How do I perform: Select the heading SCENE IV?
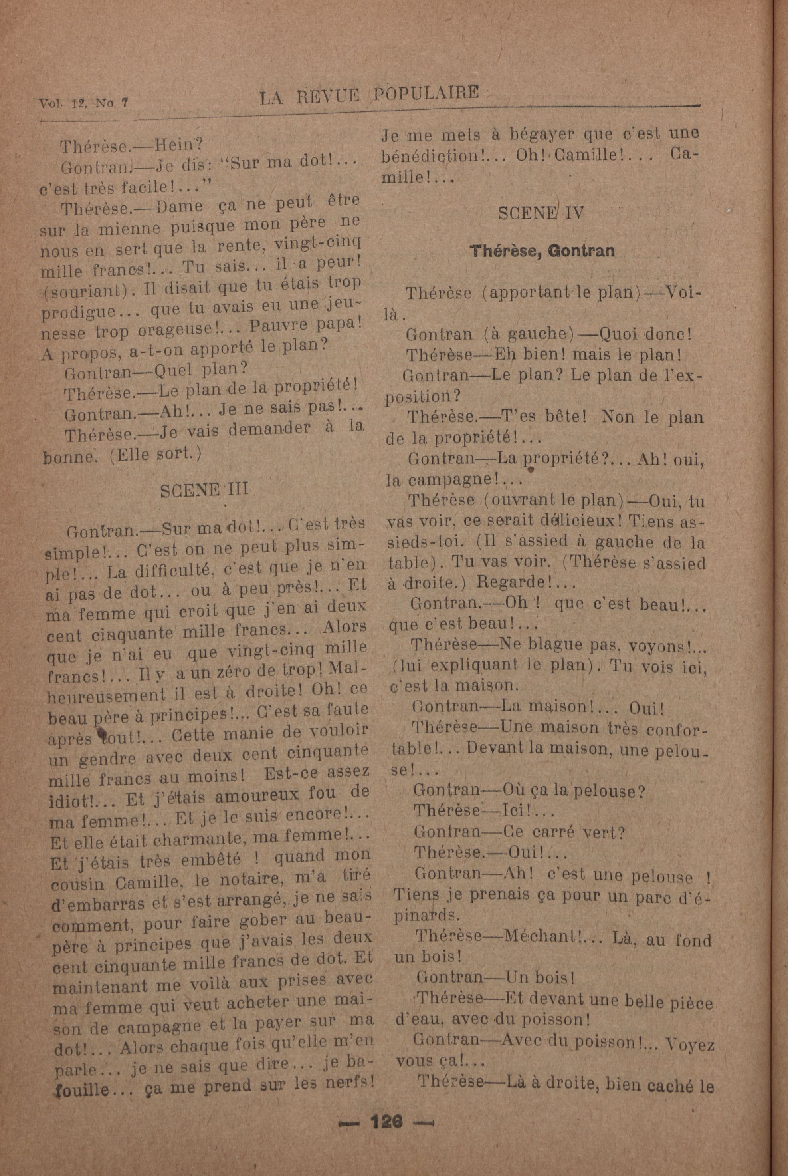click(x=541, y=213)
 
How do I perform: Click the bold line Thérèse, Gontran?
click(x=542, y=251)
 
